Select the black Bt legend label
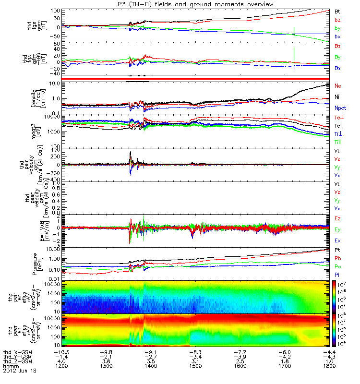337,11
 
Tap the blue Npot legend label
340,109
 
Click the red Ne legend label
337,85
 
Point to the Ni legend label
337,97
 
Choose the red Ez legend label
337,218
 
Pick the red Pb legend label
337,258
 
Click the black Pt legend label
337,250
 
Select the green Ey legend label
337,229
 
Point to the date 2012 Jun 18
20,371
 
